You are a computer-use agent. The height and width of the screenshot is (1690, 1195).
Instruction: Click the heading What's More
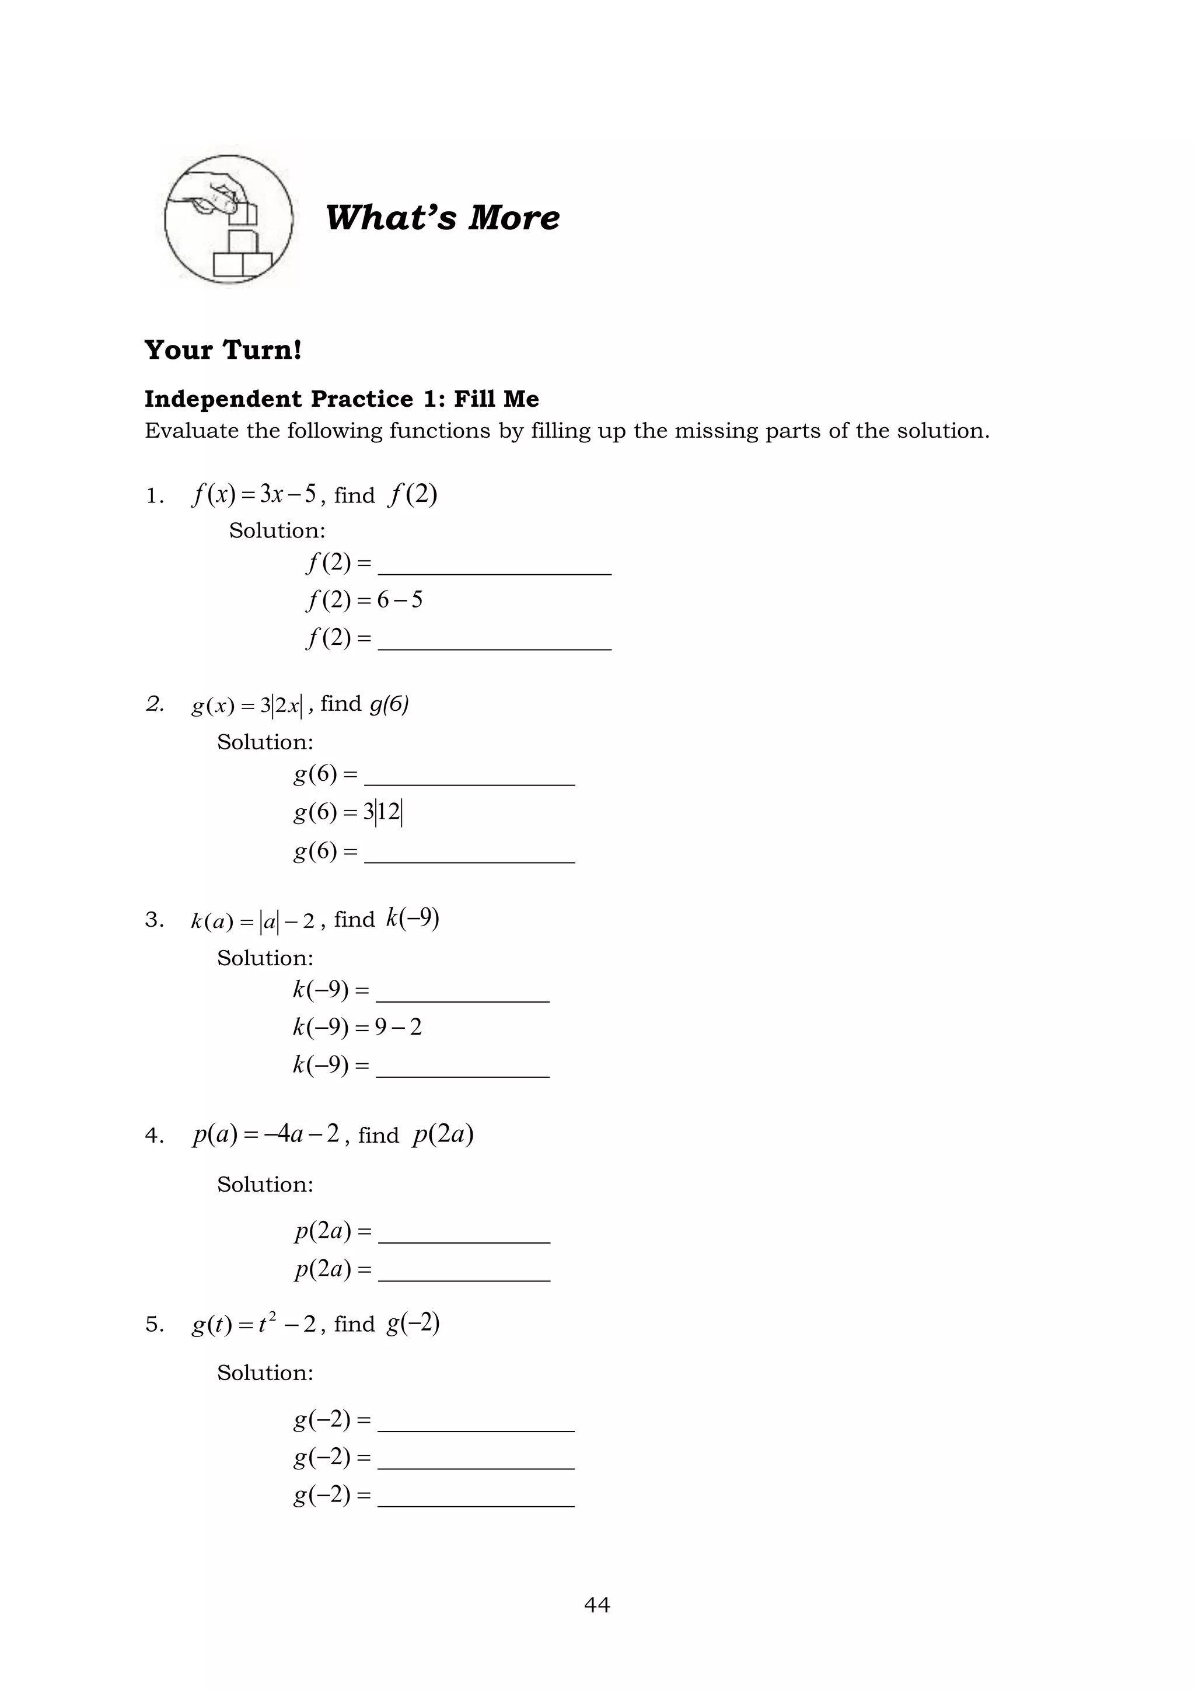click(x=442, y=218)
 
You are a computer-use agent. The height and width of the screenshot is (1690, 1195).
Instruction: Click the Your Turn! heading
click(x=223, y=350)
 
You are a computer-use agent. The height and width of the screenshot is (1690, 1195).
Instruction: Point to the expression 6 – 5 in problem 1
click(x=400, y=600)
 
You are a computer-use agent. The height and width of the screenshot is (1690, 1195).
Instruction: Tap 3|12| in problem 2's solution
click(x=383, y=812)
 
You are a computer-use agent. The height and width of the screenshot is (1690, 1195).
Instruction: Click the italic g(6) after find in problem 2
click(x=389, y=704)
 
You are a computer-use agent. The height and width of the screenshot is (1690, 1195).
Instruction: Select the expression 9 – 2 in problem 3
click(x=398, y=1027)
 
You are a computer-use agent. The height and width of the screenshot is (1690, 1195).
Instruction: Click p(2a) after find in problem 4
click(x=443, y=1134)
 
